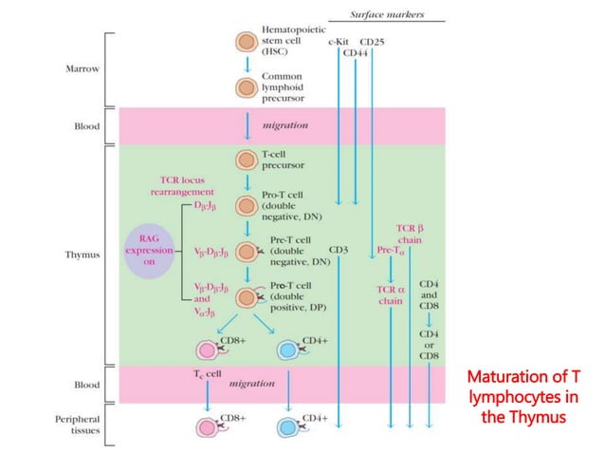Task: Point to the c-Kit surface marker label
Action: tap(338, 42)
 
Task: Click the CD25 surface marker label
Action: tap(372, 42)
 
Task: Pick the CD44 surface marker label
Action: tap(356, 53)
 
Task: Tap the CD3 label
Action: tap(339, 251)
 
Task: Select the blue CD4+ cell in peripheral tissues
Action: tap(288, 420)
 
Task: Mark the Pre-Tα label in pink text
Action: tap(390, 251)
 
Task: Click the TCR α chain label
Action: tap(391, 293)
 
